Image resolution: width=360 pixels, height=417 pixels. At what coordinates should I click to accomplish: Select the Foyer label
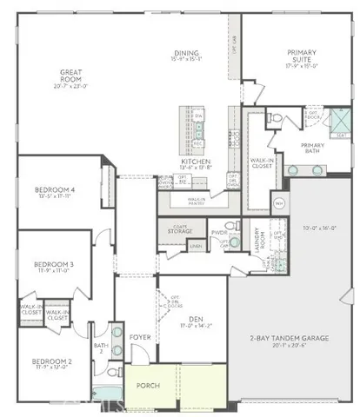click(x=140, y=336)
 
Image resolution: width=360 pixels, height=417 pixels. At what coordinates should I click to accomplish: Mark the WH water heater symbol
click(x=279, y=203)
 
